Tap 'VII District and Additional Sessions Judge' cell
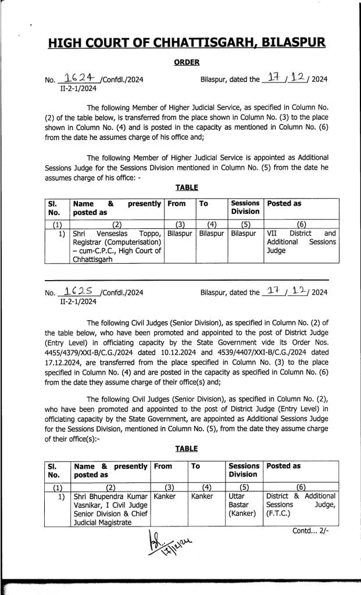click(301, 242)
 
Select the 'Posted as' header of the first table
click(284, 203)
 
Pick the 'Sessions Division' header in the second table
click(244, 470)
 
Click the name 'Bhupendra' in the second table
click(110, 496)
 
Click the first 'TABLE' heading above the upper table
click(186, 187)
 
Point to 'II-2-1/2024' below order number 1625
click(78, 302)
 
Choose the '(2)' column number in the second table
click(110, 487)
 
